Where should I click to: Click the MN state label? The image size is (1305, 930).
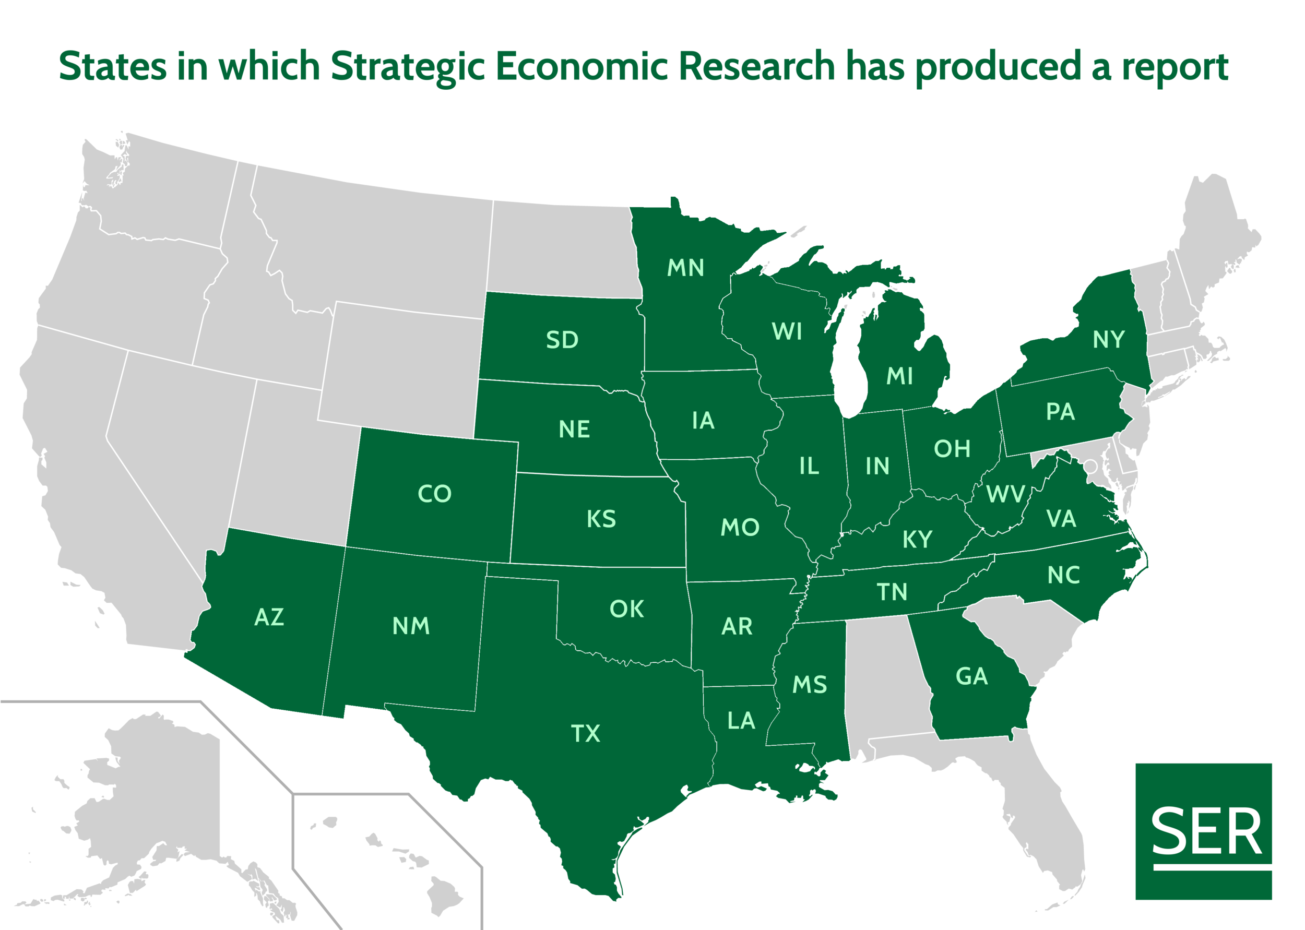pyautogui.click(x=685, y=267)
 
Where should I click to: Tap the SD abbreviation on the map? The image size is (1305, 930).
pyautogui.click(x=562, y=340)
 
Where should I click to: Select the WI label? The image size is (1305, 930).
pyautogui.click(x=787, y=331)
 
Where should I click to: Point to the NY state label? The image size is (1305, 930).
pyautogui.click(x=1109, y=340)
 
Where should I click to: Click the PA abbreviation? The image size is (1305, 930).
pyautogui.click(x=1060, y=412)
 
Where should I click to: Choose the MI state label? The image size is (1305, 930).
pyautogui.click(x=899, y=376)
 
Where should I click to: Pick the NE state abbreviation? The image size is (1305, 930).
pyautogui.click(x=574, y=430)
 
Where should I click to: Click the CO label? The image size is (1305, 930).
pyautogui.click(x=435, y=494)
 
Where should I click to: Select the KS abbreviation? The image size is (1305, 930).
pyautogui.click(x=601, y=519)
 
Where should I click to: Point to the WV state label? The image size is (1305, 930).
pyautogui.click(x=1005, y=494)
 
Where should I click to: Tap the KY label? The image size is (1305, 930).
pyautogui.click(x=917, y=539)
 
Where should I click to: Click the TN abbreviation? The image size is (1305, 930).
pyautogui.click(x=892, y=592)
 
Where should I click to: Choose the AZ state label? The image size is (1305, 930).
pyautogui.click(x=269, y=617)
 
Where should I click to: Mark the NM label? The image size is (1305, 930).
pyautogui.click(x=411, y=626)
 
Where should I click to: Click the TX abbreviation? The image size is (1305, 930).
pyautogui.click(x=585, y=734)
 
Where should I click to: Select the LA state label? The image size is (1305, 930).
pyautogui.click(x=741, y=721)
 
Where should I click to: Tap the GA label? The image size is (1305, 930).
pyautogui.click(x=972, y=676)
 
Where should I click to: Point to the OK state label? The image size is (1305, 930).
pyautogui.click(x=626, y=609)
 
